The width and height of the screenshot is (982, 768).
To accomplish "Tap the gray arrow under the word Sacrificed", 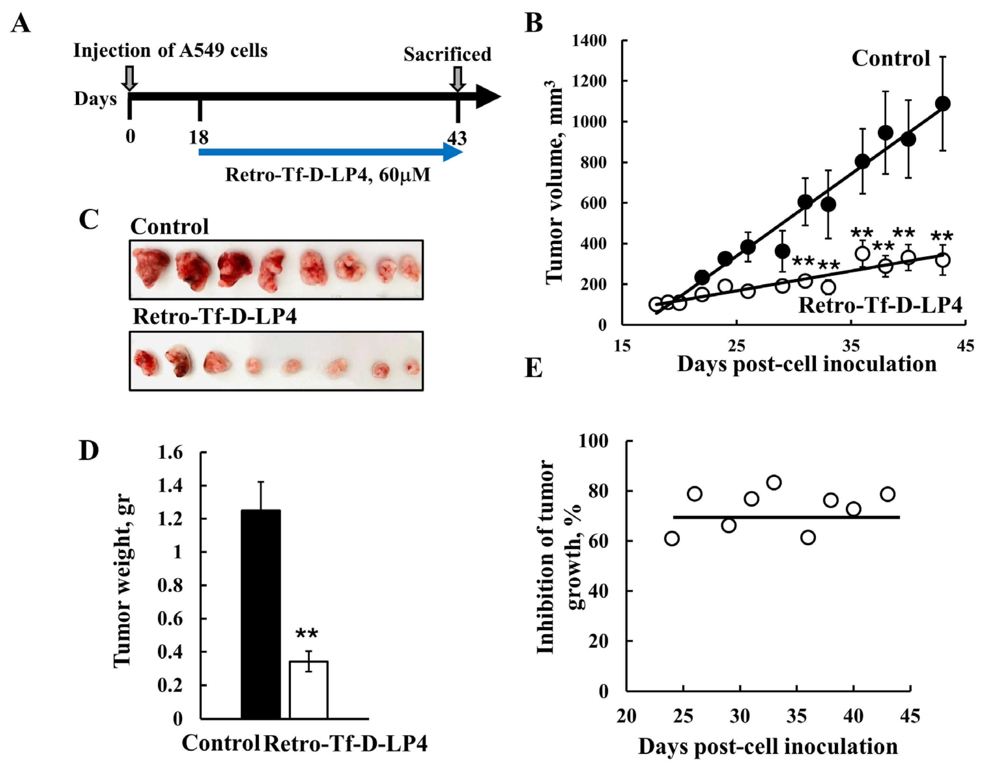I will tap(458, 78).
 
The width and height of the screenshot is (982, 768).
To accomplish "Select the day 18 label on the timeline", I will tap(199, 137).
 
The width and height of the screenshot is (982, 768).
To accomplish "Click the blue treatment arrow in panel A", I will tap(330, 152).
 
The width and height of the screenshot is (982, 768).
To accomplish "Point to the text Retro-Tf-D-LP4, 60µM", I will tap(327, 174).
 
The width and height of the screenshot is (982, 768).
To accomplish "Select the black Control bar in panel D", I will tap(261, 614).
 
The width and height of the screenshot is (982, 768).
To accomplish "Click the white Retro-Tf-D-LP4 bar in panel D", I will tap(309, 689).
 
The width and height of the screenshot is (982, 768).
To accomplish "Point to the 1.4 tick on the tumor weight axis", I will tap(171, 486).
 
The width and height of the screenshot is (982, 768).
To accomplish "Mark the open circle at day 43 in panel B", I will tap(943, 260).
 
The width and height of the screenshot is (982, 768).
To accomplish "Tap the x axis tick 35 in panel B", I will tap(851, 345).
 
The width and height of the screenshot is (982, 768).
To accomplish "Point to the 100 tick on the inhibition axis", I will tap(593, 441).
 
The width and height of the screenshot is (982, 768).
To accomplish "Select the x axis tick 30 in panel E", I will tap(740, 716).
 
